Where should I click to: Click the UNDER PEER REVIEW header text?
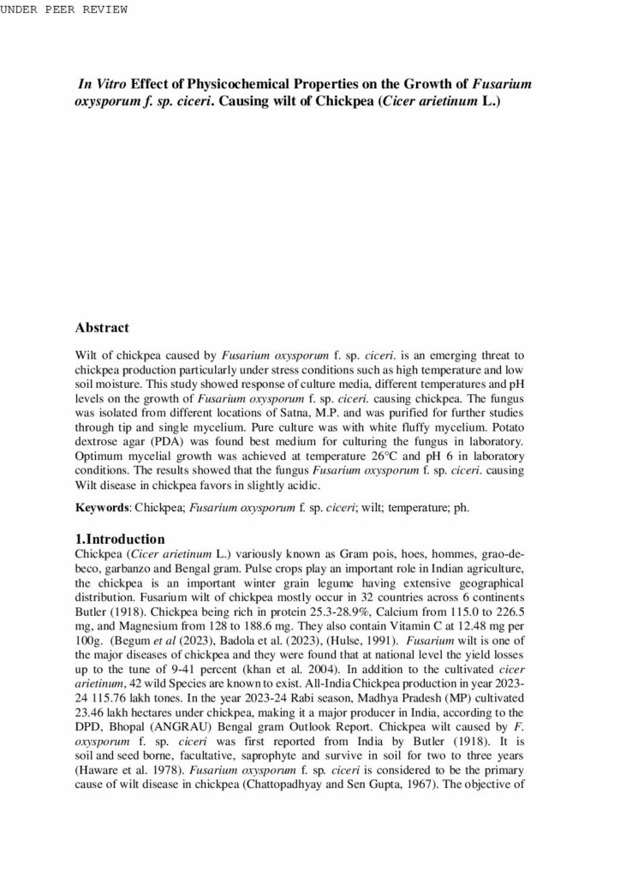[x=64, y=9]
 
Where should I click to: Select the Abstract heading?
[x=102, y=327]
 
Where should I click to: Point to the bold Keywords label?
[x=102, y=507]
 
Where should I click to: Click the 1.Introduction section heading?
[x=120, y=540]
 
